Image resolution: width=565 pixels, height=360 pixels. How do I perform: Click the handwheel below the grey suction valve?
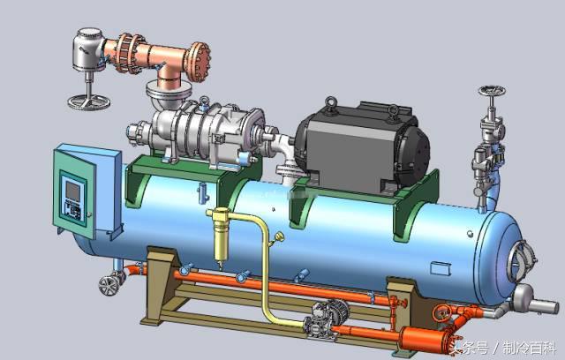(88, 101)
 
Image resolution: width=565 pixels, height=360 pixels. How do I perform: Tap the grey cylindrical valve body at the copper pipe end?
(88, 49)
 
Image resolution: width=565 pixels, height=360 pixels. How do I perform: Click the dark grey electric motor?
(361, 146)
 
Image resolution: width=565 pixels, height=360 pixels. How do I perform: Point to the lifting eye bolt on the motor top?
(330, 105)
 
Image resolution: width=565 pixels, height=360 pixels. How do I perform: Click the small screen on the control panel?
(72, 191)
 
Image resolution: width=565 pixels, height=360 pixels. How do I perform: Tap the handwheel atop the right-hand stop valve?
(492, 90)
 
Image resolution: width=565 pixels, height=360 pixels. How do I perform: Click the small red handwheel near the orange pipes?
(442, 313)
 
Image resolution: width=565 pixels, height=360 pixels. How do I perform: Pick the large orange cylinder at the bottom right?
(426, 339)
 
